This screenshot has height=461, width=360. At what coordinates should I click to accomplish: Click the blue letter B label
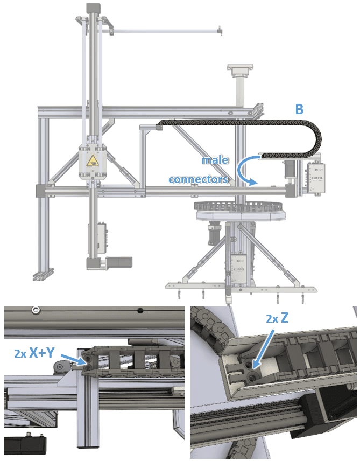point(299,109)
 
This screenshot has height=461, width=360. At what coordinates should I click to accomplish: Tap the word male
point(215,160)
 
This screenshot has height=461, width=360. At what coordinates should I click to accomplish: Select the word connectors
point(199,179)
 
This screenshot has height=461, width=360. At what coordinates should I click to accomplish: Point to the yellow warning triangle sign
point(93,160)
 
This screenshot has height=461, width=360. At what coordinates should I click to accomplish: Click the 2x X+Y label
point(34,352)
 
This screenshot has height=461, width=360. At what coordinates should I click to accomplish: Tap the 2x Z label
point(277,318)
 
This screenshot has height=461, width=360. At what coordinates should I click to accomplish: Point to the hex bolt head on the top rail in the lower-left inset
point(36,309)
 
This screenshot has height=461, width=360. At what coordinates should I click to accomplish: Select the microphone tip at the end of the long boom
point(219,30)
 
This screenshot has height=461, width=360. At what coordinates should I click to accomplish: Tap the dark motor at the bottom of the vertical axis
point(118,262)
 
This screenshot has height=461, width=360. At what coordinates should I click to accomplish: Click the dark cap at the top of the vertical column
point(94,8)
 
